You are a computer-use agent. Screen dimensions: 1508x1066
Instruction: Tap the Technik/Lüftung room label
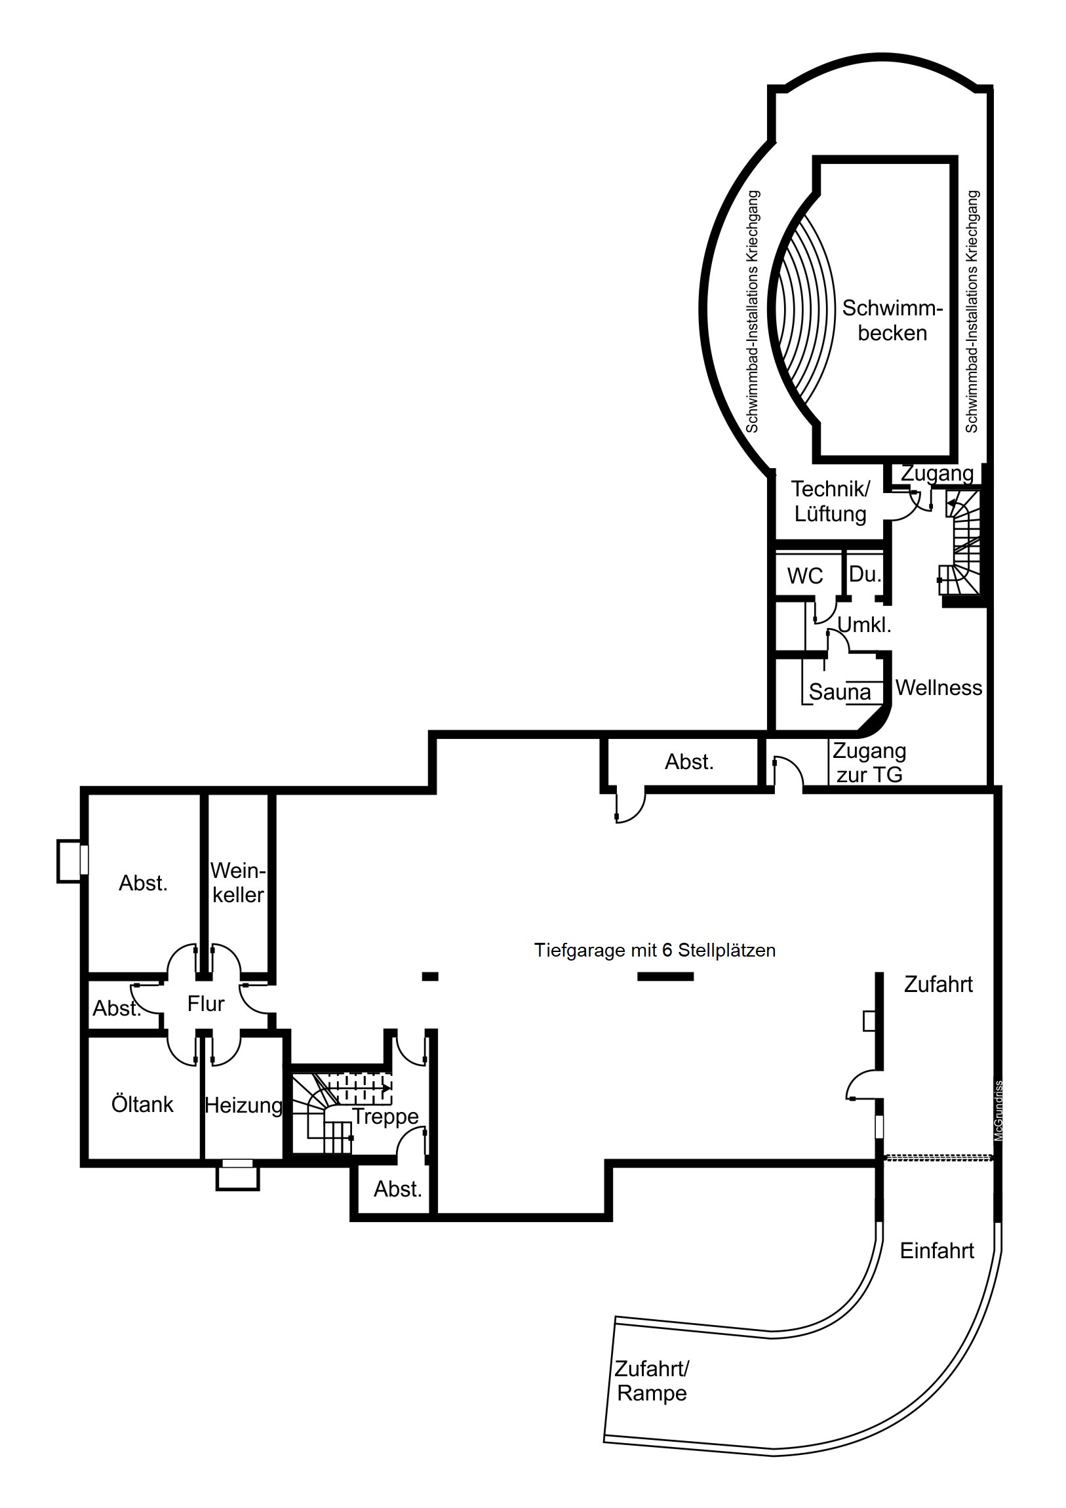[x=830, y=501]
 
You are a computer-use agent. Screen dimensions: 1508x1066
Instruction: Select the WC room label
[x=804, y=576]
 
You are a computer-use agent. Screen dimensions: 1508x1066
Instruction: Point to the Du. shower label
[x=864, y=574]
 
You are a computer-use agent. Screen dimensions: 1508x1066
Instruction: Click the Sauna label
[x=839, y=692]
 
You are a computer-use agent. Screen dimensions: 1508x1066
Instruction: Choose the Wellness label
[x=939, y=688]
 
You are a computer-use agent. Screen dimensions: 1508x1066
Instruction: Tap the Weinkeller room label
[x=238, y=883]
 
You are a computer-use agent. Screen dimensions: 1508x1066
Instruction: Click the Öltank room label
[x=142, y=1104]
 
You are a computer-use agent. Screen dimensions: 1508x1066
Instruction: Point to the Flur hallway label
[x=206, y=1004]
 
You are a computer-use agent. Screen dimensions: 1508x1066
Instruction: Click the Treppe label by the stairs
[x=385, y=1116]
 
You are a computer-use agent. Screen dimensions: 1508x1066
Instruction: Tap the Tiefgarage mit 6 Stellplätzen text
[x=654, y=951]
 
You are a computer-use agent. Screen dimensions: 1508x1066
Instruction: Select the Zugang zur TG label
[x=869, y=763]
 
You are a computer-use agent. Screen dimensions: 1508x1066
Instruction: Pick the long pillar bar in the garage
[x=665, y=977]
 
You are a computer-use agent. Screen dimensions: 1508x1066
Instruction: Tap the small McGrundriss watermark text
[x=998, y=1111]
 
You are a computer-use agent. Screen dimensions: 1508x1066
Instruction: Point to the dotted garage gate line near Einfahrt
[x=938, y=1157]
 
